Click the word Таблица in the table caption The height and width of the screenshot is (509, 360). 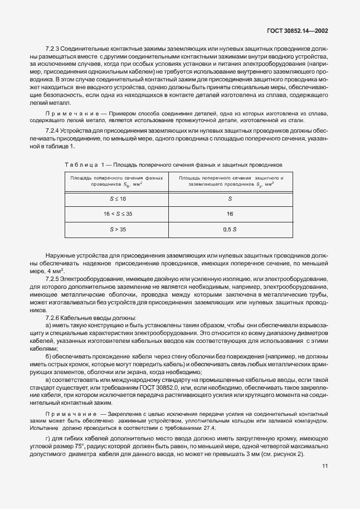point(81,164)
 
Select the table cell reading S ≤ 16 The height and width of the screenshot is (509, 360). point(118,199)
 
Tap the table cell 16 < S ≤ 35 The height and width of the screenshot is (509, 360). point(118,214)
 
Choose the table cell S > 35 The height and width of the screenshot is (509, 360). point(118,229)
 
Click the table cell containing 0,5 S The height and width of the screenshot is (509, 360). point(230,229)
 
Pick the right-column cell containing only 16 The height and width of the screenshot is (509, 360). point(230,214)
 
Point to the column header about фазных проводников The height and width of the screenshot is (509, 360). point(117,181)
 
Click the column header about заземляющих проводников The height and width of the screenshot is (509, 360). point(230,181)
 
